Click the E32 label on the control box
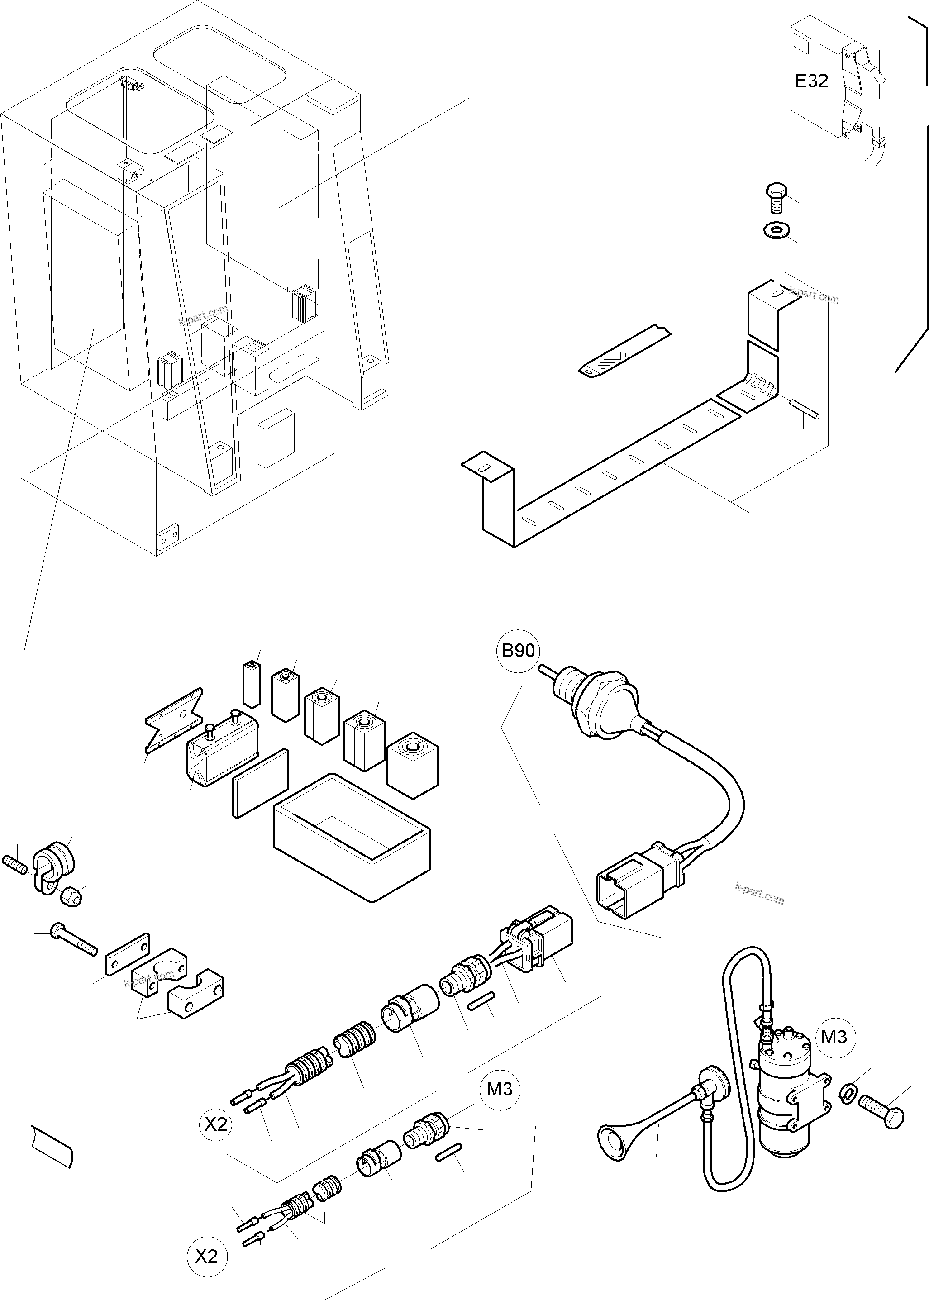(811, 81)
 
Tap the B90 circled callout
(518, 650)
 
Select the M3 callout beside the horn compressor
(834, 1036)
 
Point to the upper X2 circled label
(216, 1124)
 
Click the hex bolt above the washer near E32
(776, 197)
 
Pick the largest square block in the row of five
(412, 765)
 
